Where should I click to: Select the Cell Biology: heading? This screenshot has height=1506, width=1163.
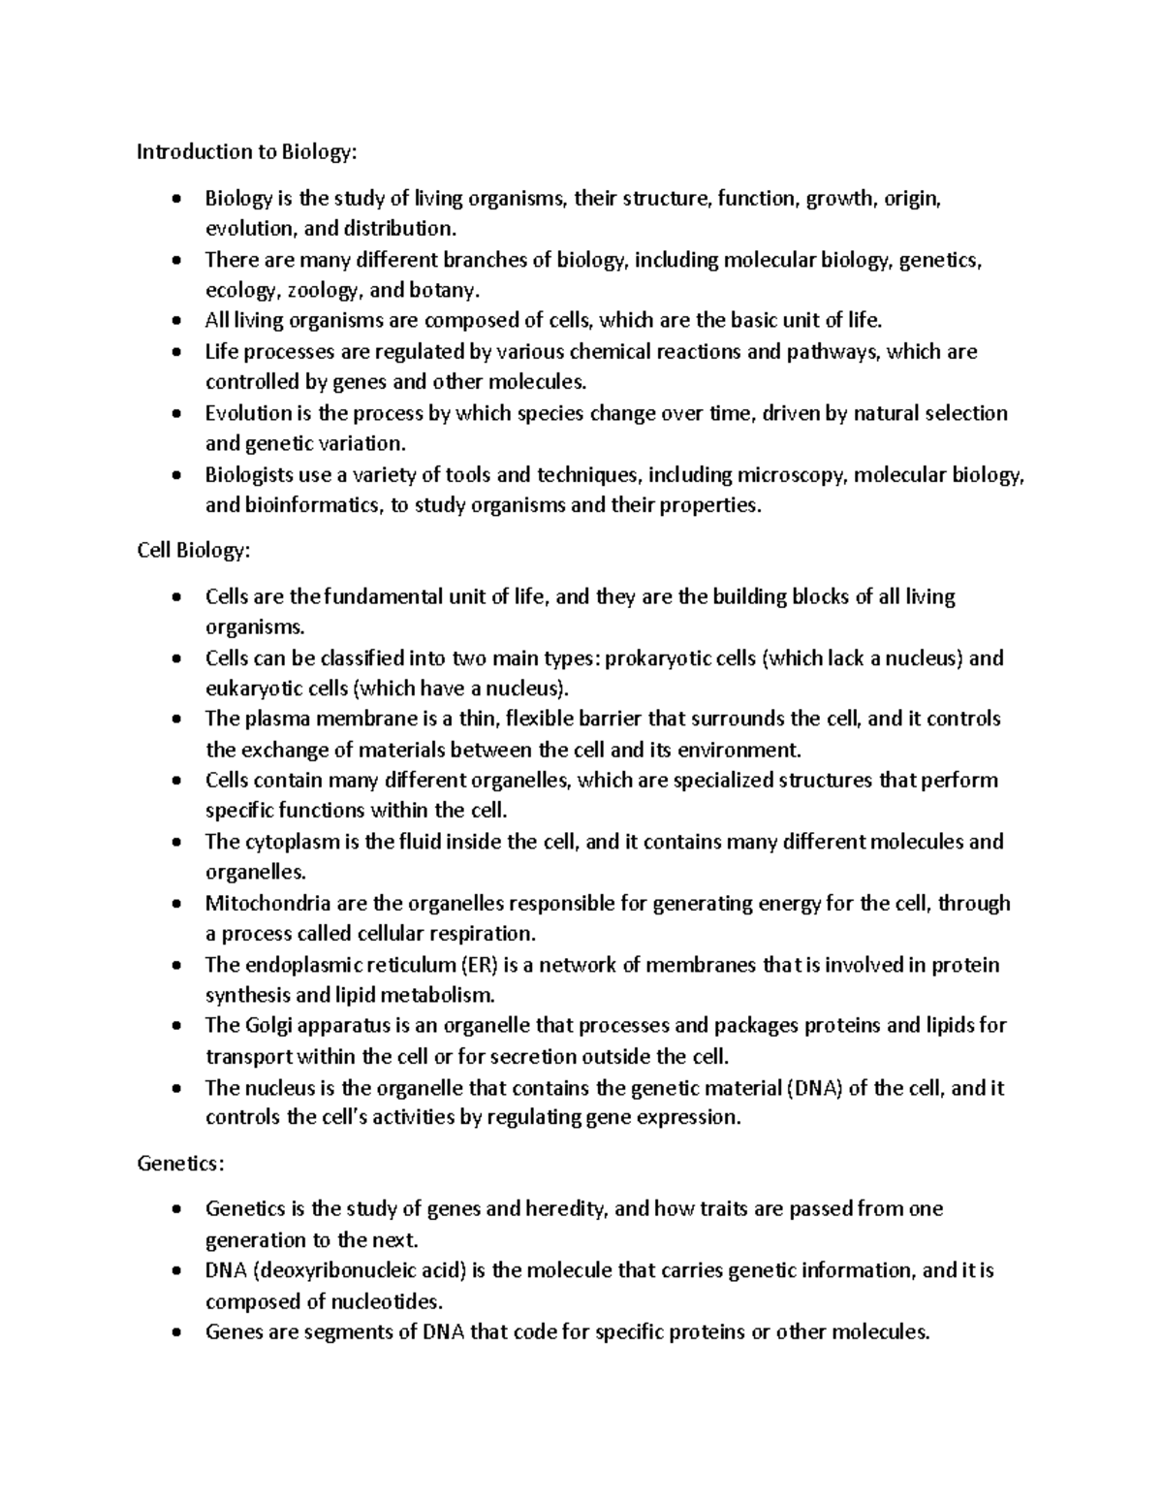point(193,550)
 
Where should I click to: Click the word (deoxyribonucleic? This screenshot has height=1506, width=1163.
point(336,1270)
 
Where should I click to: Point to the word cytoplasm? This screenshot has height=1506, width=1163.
point(286,842)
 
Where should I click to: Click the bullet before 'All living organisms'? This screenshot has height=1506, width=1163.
point(174,321)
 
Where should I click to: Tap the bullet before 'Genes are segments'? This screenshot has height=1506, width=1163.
point(174,1332)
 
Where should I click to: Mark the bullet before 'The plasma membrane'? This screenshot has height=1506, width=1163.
point(174,720)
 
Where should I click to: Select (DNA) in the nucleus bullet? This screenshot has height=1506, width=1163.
point(814,1087)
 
